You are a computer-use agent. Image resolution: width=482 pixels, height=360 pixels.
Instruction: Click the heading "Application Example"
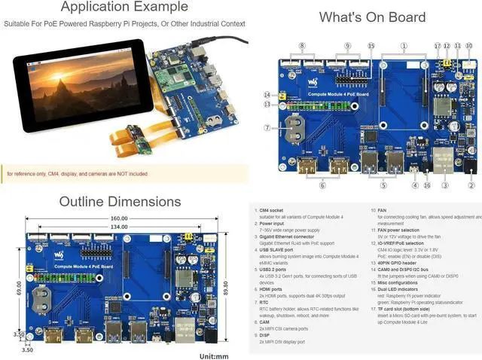coord(124,8)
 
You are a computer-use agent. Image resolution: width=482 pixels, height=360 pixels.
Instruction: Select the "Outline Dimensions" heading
coord(120,202)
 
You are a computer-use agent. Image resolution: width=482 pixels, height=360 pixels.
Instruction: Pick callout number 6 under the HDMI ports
coord(322,185)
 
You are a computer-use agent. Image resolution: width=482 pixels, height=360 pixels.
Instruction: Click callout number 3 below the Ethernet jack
coord(445,185)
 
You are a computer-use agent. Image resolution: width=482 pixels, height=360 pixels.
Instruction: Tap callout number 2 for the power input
coord(472,185)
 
